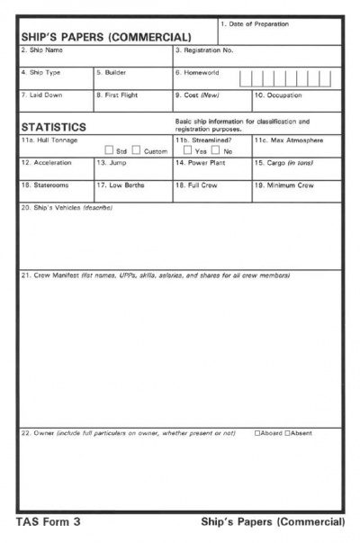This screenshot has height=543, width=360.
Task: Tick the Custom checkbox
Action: [x=139, y=151]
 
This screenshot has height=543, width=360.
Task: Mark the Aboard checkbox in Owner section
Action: [x=257, y=433]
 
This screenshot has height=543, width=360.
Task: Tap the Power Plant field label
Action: [x=201, y=163]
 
